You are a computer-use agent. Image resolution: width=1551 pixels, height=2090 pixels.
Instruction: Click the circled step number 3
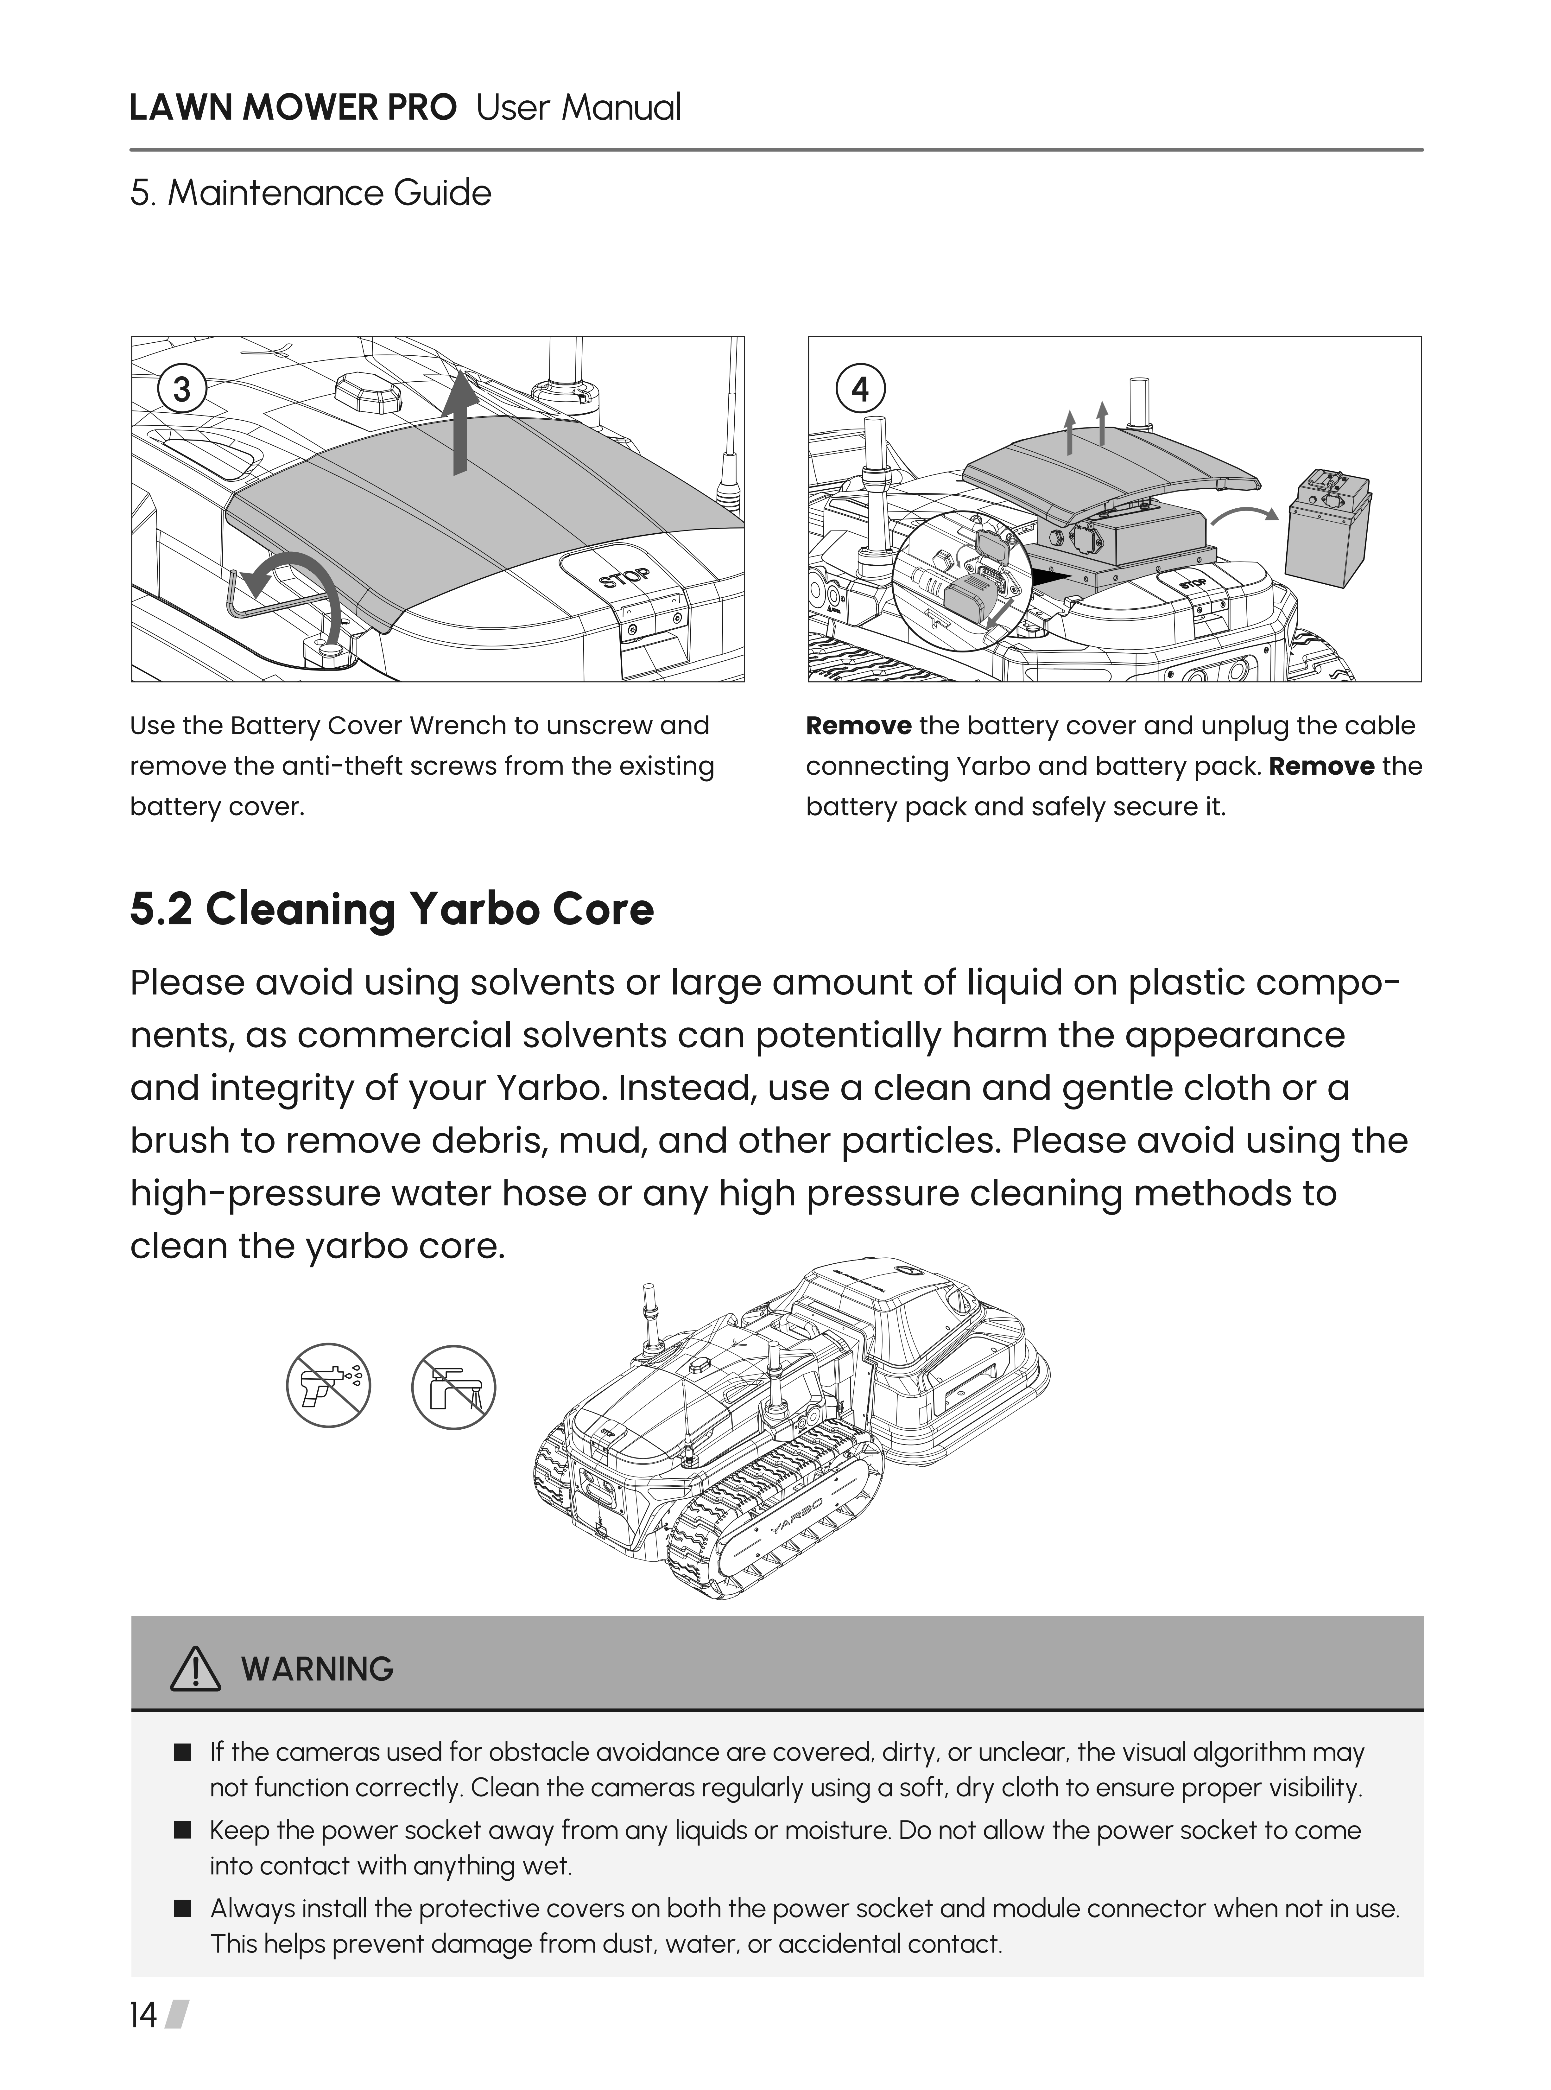coord(182,389)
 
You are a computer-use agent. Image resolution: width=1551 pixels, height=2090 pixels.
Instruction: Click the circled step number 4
coord(860,389)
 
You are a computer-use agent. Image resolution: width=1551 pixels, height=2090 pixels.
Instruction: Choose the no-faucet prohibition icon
coord(453,1387)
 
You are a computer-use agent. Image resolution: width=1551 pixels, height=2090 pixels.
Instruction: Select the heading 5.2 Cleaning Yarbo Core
coord(391,909)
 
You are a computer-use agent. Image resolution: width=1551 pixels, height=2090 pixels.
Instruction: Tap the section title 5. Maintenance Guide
coord(311,194)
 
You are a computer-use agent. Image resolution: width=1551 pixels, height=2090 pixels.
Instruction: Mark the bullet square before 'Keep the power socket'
coord(183,1830)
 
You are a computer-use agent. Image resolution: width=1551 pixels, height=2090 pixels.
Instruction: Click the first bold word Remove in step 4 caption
coord(858,726)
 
